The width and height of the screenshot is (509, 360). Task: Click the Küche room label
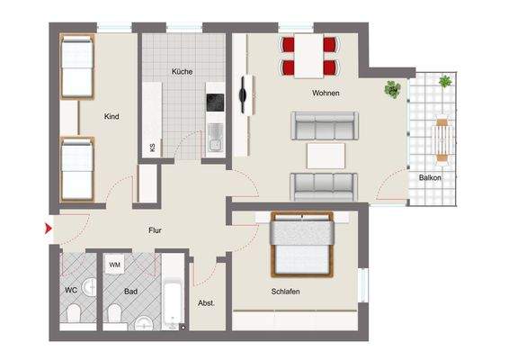coord(183,72)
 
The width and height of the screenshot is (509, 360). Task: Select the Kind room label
coord(112,116)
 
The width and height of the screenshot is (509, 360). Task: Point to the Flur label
coord(155,230)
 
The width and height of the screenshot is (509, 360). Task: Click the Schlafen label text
coord(284,292)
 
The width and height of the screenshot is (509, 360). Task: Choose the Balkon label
coord(430,177)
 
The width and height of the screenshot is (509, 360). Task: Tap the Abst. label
coord(207,303)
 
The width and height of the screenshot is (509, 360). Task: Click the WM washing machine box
coord(114,265)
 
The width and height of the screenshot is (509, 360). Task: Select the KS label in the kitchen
coord(152,148)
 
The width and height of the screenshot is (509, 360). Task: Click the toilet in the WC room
coord(75,313)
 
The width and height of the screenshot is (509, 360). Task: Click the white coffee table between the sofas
coord(325,155)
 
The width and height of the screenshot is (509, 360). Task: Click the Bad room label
coord(131,291)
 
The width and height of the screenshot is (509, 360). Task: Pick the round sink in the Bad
coord(145,323)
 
